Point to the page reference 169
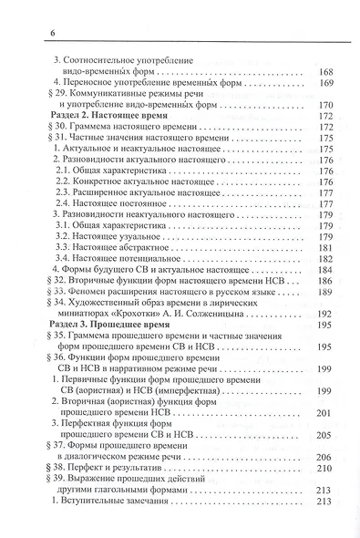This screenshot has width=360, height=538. pyautogui.click(x=325, y=88)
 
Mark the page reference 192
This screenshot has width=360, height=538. pyautogui.click(x=325, y=313)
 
